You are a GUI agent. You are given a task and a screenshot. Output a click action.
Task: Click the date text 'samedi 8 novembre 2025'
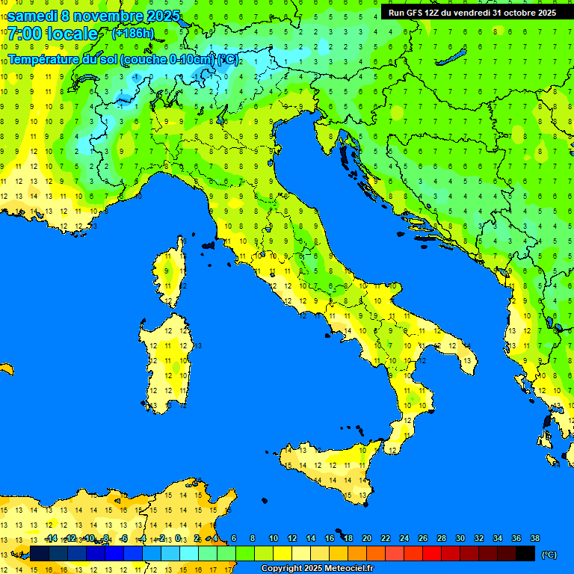pos(93,16)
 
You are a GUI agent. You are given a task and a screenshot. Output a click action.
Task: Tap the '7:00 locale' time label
pos(52,34)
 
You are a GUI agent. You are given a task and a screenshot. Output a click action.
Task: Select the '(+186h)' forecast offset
pos(133,34)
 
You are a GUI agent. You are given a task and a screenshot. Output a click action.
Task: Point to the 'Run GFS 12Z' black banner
pos(472,12)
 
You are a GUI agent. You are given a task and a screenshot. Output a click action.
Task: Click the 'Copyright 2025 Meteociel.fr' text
pos(317,569)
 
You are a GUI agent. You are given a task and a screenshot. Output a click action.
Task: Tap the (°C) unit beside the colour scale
pos(549,554)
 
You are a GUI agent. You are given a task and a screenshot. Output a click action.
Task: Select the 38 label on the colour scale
pos(534,538)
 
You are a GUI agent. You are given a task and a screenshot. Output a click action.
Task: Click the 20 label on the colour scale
pos(366,538)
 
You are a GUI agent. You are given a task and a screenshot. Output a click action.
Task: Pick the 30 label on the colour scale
pos(460,538)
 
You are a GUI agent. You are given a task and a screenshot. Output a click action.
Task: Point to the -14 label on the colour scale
pos(51,538)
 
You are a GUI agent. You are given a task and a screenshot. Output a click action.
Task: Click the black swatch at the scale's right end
pos(525,554)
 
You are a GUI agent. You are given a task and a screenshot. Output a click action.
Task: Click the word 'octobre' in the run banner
pos(517,12)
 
